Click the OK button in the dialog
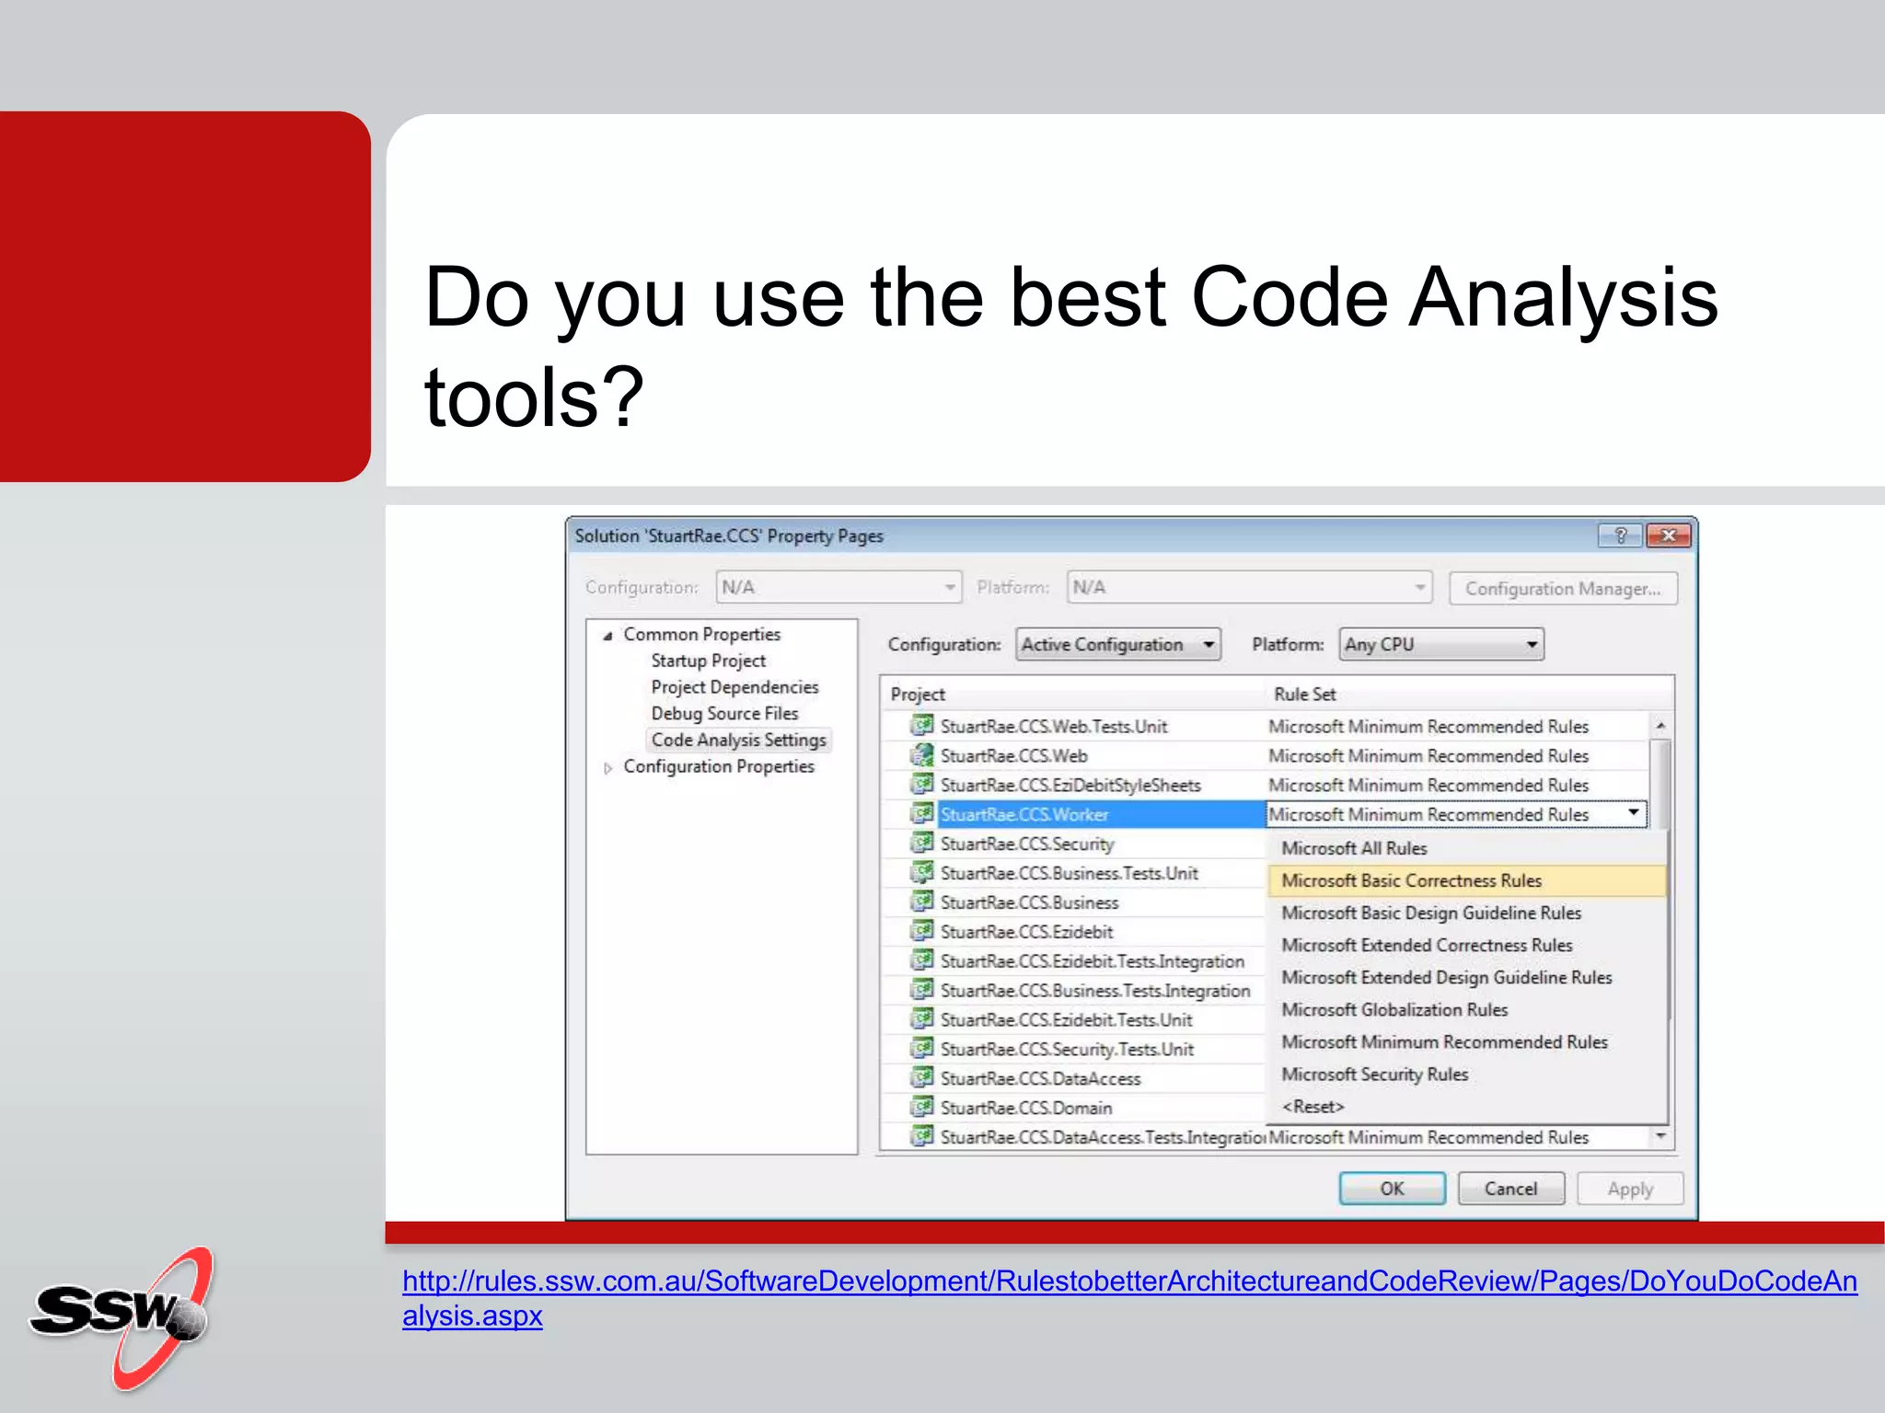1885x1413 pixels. [x=1391, y=1189]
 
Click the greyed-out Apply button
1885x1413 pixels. [x=1629, y=1189]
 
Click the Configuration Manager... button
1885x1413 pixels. [x=1562, y=589]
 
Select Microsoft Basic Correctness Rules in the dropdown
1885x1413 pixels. [x=1411, y=880]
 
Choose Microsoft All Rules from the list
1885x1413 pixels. [x=1354, y=848]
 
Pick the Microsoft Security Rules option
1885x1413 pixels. [x=1374, y=1074]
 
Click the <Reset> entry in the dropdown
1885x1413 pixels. [x=1313, y=1107]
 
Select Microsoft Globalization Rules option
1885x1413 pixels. [x=1394, y=1010]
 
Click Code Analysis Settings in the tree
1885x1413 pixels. [x=738, y=740]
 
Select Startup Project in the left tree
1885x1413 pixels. [x=708, y=661]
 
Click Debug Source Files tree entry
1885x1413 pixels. [x=724, y=713]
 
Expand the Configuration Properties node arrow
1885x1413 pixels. [x=607, y=768]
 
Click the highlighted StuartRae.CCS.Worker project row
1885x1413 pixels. [x=1023, y=814]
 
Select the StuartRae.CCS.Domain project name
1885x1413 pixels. [x=1025, y=1108]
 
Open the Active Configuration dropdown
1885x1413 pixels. [x=1118, y=644]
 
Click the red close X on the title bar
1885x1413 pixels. [x=1668, y=535]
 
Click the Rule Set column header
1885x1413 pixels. [x=1304, y=695]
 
